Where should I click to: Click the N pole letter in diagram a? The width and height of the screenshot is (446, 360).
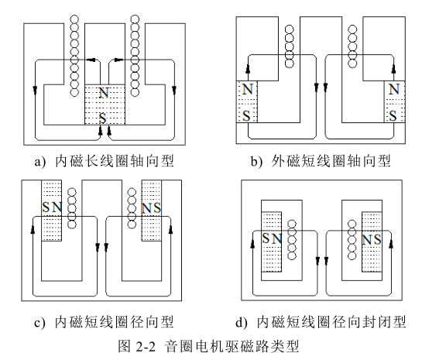pos(104,92)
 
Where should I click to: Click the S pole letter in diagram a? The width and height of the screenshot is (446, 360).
pos(103,118)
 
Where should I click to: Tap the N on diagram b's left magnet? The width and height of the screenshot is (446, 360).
pos(248,89)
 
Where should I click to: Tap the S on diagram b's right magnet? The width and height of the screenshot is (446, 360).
pos(393,116)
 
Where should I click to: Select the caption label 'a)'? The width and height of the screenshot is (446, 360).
pos(40,162)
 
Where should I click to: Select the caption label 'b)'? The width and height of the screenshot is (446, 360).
pos(256,161)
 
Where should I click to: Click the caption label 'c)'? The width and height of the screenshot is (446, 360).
pos(39,323)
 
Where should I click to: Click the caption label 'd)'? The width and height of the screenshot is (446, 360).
pos(242,323)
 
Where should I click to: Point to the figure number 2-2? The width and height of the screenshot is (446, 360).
pos(146,347)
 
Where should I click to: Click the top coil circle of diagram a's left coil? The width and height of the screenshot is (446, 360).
pos(74,19)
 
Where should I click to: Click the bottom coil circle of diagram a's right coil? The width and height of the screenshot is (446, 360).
pos(135,92)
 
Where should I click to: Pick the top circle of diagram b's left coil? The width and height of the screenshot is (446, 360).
pos(290,29)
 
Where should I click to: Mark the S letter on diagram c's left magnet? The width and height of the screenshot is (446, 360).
pos(46,207)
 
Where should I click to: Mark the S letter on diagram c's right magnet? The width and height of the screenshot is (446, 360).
pos(157,207)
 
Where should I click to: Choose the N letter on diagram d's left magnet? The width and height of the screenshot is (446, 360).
pos(276,238)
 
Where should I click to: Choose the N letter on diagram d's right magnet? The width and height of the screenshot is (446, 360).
pos(367,240)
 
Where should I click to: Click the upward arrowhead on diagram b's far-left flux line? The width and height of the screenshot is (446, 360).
pos(248,69)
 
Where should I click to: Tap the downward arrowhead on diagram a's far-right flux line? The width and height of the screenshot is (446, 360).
pos(174,90)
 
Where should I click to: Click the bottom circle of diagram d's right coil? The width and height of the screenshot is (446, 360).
pos(352,255)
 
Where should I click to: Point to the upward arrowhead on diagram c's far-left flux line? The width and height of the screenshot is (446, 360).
pos(33,230)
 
